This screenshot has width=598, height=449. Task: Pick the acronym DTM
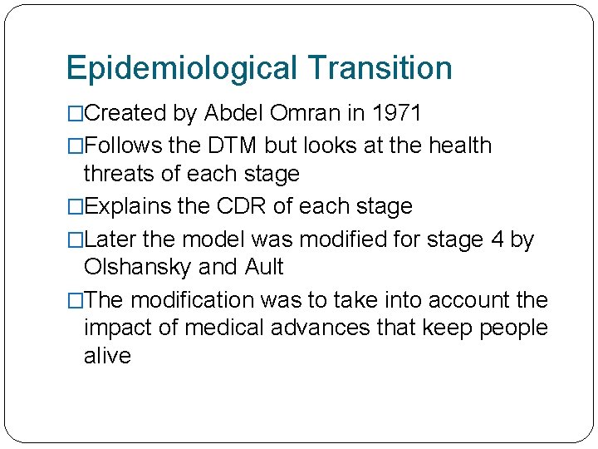pyautogui.click(x=233, y=146)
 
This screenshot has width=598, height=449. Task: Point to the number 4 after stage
pyautogui.click(x=498, y=239)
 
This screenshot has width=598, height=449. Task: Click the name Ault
pyautogui.click(x=264, y=267)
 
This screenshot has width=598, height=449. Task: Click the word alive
pyautogui.click(x=107, y=356)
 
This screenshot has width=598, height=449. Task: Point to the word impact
pyautogui.click(x=120, y=328)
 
